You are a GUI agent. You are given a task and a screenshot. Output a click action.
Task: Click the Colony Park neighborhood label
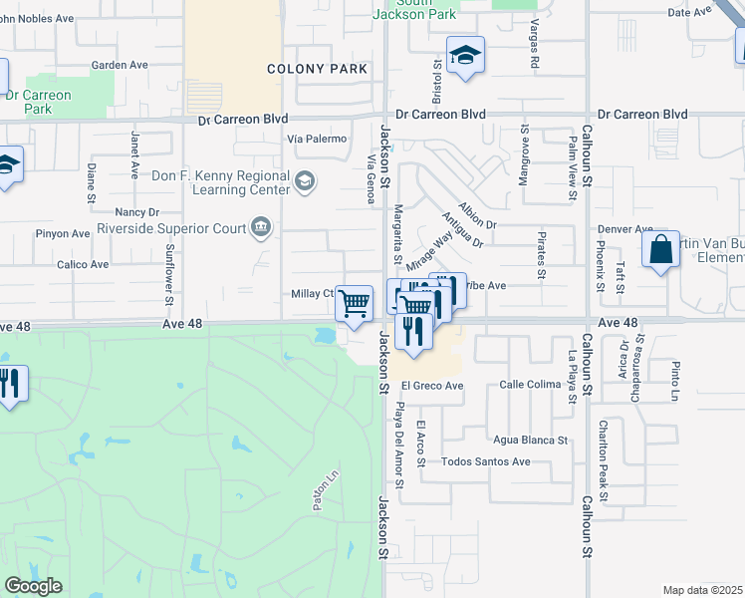pyautogui.click(x=318, y=69)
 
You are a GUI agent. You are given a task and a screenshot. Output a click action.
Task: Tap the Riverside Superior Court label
pyautogui.click(x=171, y=228)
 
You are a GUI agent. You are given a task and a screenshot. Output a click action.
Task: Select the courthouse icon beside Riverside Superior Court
pyautogui.click(x=261, y=228)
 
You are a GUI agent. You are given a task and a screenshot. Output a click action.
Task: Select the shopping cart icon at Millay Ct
pyautogui.click(x=355, y=303)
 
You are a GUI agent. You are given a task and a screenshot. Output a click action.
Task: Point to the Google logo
pyautogui.click(x=33, y=586)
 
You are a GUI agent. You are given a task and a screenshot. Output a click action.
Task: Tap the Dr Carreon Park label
pyautogui.click(x=37, y=102)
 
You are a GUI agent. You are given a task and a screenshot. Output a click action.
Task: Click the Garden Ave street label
pyautogui.click(x=119, y=65)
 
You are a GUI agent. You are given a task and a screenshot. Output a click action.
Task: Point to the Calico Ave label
pyautogui.click(x=83, y=264)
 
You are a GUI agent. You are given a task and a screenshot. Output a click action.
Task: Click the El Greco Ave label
pyautogui.click(x=432, y=386)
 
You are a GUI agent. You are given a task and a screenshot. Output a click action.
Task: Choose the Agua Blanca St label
pyautogui.click(x=530, y=440)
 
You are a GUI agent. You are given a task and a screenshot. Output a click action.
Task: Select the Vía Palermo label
pyautogui.click(x=317, y=139)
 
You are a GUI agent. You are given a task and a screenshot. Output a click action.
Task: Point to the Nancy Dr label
pyautogui.click(x=137, y=212)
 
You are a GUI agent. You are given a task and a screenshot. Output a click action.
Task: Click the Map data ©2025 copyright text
pyautogui.click(x=702, y=590)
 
